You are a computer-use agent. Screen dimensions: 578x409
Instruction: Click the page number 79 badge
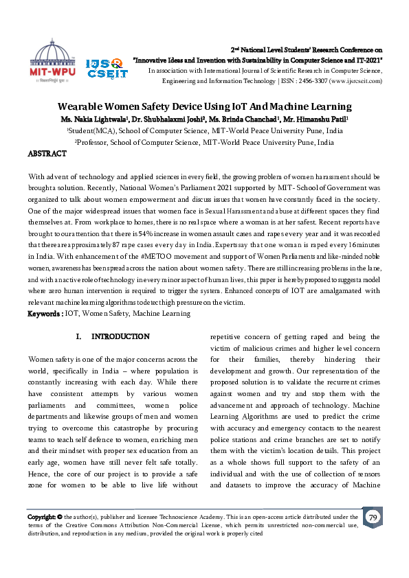click(x=373, y=517)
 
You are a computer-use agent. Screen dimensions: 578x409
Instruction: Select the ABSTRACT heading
click(x=47, y=154)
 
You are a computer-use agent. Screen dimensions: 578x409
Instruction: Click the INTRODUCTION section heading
click(x=120, y=337)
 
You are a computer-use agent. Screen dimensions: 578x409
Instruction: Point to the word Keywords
click(x=45, y=314)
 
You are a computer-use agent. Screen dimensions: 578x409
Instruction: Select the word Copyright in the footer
click(x=43, y=517)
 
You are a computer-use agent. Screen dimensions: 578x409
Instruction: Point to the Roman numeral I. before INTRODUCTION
click(x=78, y=337)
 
